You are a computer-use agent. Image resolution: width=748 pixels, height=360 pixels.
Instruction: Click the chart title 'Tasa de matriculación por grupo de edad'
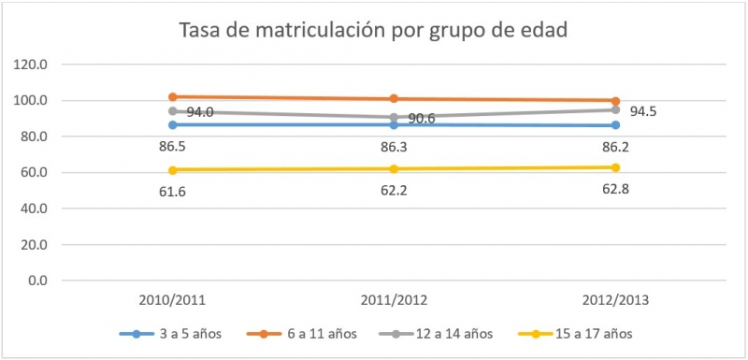(374, 30)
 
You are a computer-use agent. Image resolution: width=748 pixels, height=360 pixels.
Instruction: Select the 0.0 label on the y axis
(47, 281)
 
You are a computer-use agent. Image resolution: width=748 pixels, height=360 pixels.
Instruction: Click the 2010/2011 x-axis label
(172, 300)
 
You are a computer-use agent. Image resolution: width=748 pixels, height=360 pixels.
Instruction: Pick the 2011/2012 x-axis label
(394, 300)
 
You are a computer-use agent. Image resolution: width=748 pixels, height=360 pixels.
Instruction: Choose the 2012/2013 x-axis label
(614, 300)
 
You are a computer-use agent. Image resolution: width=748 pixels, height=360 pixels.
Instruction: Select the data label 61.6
(172, 192)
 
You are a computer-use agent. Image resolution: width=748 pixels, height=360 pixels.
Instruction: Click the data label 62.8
(614, 190)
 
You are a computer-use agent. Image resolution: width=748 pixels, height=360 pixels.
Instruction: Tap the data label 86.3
(394, 147)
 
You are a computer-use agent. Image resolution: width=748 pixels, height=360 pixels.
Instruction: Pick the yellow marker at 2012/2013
(614, 167)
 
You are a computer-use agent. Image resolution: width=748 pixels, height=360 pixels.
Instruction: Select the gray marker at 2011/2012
(394, 117)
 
